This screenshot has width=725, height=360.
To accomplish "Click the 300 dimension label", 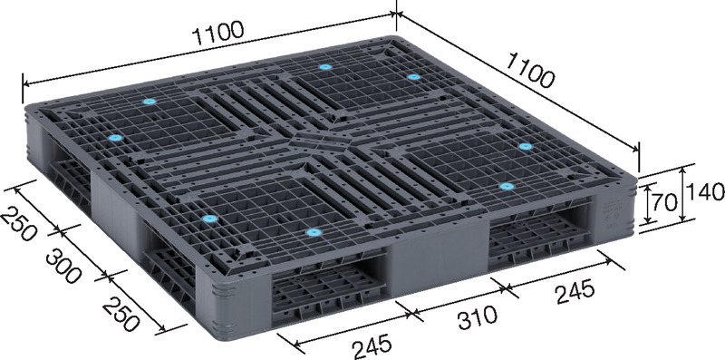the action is click(63, 266).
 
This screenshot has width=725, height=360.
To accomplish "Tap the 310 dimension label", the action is click(478, 317).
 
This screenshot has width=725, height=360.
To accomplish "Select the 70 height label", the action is click(665, 202).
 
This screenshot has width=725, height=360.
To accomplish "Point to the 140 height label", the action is click(705, 191).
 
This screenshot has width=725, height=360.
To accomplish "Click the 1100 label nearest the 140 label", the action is click(530, 71).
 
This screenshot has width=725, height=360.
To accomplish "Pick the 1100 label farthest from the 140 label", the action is click(217, 34).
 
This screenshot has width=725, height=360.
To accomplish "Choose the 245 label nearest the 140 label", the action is click(575, 292).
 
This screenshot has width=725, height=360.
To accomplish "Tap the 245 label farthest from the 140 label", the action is click(372, 346).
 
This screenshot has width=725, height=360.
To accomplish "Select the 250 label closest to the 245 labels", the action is click(121, 314).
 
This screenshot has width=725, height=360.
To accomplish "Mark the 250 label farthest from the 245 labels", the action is click(17, 224).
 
